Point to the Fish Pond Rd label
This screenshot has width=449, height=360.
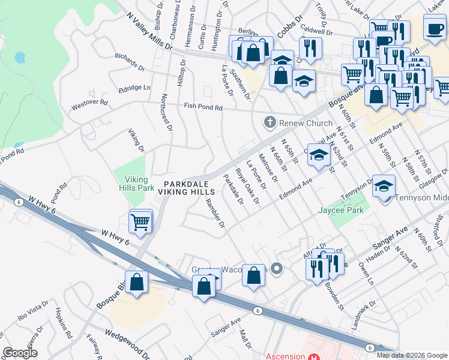(x=203, y=107)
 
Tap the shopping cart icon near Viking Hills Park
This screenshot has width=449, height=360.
(x=140, y=221)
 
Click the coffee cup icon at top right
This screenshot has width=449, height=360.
(x=435, y=28)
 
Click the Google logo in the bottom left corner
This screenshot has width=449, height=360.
(x=20, y=353)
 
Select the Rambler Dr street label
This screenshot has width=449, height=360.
(x=215, y=214)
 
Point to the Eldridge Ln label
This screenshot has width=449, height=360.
(x=134, y=87)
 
